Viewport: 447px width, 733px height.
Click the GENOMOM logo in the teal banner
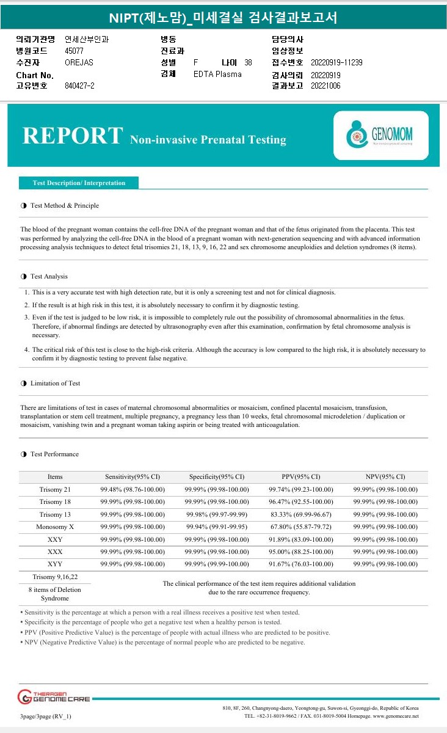(381, 135)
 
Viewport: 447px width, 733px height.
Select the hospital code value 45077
(74, 51)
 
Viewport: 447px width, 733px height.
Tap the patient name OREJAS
(79, 62)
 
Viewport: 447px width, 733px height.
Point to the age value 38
(248, 62)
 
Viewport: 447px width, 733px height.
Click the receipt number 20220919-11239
(336, 62)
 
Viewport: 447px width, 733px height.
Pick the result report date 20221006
(325, 86)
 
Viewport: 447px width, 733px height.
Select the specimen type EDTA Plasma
(217, 74)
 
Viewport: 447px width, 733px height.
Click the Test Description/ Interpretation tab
(79, 183)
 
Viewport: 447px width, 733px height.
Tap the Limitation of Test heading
(55, 383)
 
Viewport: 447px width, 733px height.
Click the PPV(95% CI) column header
(300, 476)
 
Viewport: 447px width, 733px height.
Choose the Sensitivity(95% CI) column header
(133, 476)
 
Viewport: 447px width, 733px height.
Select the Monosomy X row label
(55, 527)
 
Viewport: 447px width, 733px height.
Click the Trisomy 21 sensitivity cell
(133, 489)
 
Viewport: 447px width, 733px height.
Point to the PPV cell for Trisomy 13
(300, 514)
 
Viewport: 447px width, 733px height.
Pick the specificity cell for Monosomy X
(217, 527)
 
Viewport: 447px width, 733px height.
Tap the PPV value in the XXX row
(300, 552)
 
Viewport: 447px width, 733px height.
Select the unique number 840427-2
(79, 86)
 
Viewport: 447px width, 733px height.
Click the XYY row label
(55, 564)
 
